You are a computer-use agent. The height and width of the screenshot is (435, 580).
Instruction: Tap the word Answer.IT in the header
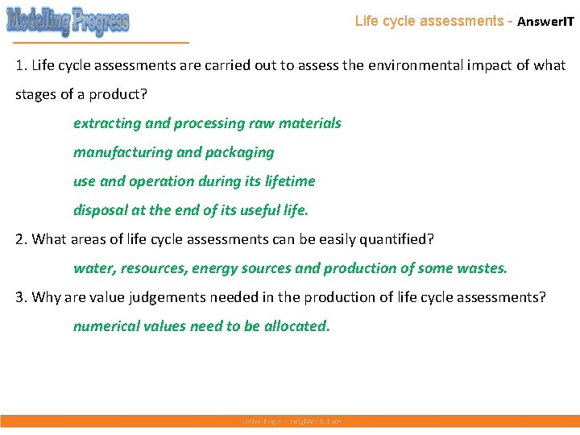(545, 22)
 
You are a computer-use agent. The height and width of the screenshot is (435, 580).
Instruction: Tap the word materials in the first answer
(309, 123)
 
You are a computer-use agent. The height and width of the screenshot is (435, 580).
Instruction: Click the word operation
(156, 181)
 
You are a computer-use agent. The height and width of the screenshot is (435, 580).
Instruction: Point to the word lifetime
(288, 181)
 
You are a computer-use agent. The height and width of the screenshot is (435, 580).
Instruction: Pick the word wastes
(485, 268)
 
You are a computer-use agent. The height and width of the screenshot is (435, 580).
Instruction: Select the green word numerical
(104, 326)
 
